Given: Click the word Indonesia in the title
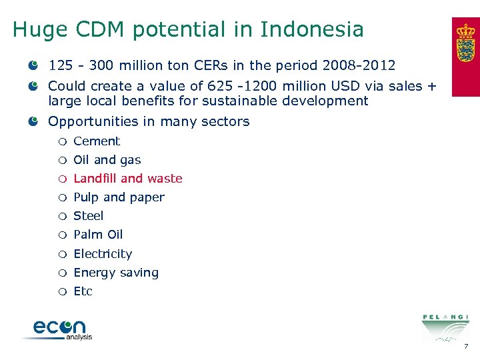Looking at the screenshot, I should point(312,29).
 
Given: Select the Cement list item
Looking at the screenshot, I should point(97,141).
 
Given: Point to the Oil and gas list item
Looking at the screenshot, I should point(107,160).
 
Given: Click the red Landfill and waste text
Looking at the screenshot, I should point(127,179).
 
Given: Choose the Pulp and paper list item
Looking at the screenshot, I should point(119,197).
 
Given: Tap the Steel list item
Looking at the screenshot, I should point(88,216).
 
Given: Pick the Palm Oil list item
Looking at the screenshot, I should point(98,235).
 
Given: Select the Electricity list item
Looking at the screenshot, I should point(103,254).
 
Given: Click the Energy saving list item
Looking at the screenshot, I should point(116,273).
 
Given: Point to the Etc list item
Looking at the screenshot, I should point(83,291).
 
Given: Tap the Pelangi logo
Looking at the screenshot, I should point(445,326).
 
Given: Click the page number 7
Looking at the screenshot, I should point(466,347).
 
